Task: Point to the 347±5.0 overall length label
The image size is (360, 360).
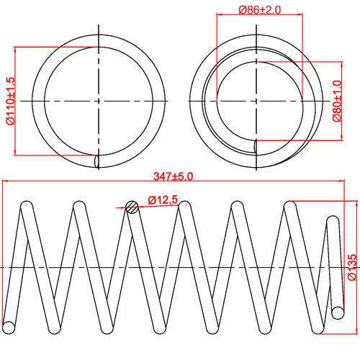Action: (x=174, y=175)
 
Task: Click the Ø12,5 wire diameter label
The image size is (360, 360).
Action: (x=163, y=199)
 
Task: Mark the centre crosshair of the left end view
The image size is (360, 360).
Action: (x=97, y=102)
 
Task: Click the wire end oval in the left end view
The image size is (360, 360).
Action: (x=97, y=160)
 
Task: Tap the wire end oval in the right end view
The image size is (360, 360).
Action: (x=254, y=147)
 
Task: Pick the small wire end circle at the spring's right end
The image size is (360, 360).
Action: (x=338, y=311)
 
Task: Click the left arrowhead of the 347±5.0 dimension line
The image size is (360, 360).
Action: (x=6, y=181)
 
